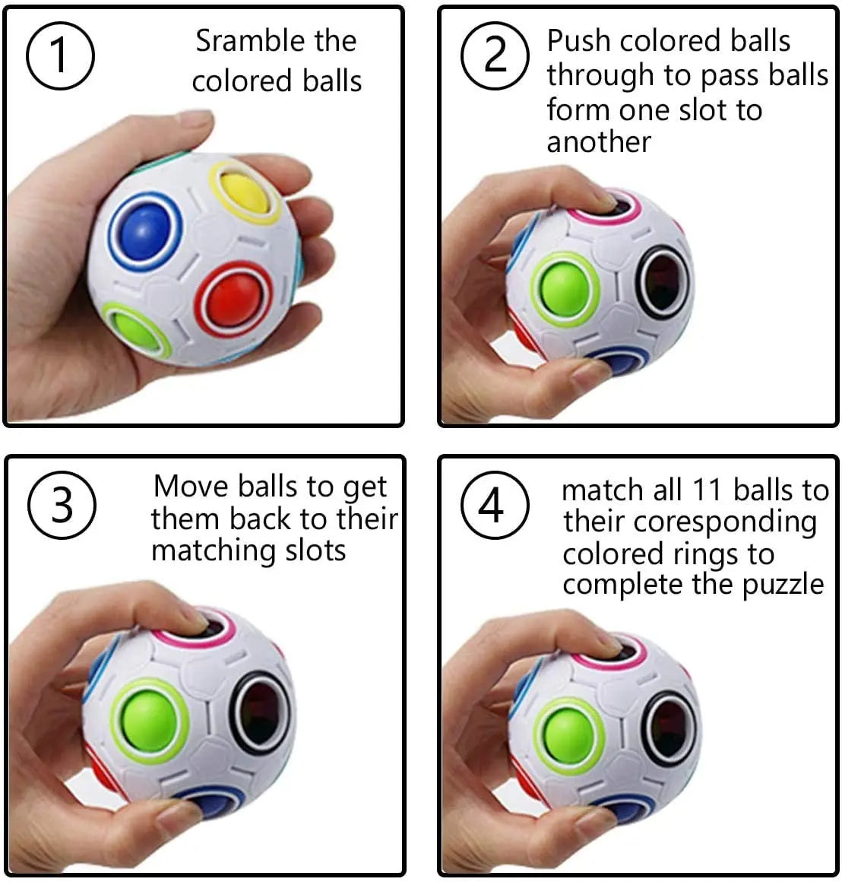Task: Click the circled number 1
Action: point(60,56)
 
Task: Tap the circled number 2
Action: point(495,56)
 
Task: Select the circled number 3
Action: point(62,505)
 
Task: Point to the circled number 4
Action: point(494,505)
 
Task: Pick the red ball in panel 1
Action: point(234,297)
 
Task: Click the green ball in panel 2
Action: point(564,289)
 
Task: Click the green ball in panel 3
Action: point(149,719)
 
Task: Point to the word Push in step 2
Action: point(580,41)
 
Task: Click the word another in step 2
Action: point(599,142)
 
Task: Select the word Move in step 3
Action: point(192,486)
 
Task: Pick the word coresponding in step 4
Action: point(723,522)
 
